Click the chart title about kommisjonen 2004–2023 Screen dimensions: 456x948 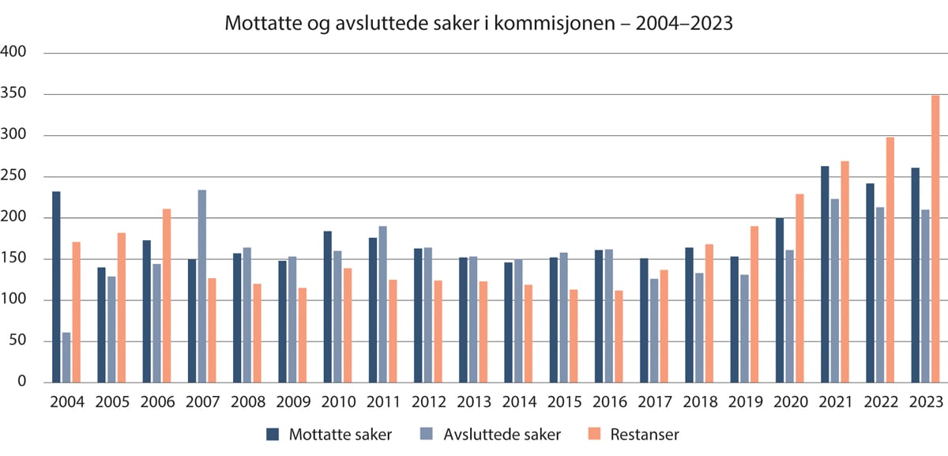click(479, 24)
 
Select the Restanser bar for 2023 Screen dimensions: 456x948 click(935, 239)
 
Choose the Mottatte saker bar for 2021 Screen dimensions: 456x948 click(825, 274)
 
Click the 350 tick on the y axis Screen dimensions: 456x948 click(14, 94)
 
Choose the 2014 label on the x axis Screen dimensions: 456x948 click(519, 401)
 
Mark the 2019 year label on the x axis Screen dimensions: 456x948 click(744, 401)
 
